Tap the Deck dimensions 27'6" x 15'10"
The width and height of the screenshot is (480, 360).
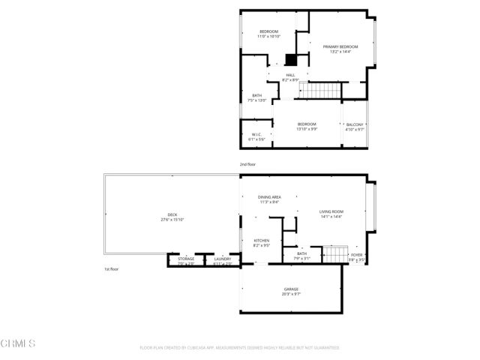[x=172, y=220]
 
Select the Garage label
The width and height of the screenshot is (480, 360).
[x=291, y=289]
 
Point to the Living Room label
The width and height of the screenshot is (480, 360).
[x=331, y=212]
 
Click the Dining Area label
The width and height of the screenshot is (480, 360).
[x=269, y=196]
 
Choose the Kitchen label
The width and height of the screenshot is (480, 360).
[x=261, y=241]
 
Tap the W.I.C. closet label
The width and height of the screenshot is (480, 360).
[x=256, y=134]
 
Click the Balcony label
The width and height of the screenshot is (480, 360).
[x=354, y=124]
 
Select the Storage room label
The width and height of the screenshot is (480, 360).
[x=186, y=259]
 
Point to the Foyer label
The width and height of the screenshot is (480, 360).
[x=358, y=255]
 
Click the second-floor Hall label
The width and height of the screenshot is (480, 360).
[x=290, y=75]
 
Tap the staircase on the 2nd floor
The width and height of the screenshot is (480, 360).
[x=321, y=90]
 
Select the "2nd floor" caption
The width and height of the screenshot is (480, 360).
[x=247, y=163]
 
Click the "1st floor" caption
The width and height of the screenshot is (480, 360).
[x=112, y=268]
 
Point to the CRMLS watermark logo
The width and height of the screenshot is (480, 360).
[x=18, y=344]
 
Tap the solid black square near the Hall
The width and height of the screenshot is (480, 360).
[x=292, y=59]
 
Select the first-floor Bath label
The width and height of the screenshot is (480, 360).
[x=301, y=253]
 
